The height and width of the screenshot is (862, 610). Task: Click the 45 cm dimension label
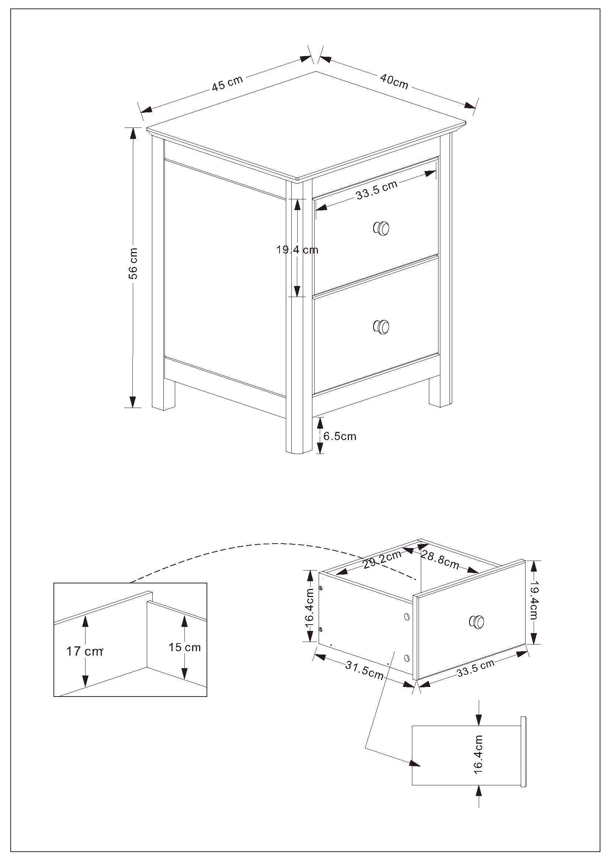[x=227, y=84]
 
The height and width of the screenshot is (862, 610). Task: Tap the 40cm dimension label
[x=394, y=81]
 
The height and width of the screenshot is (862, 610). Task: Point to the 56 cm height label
[x=134, y=263]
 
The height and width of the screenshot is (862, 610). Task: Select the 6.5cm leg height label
[x=340, y=436]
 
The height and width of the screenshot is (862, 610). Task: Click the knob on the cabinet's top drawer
[x=382, y=228]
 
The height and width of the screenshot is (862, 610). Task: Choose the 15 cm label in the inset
[x=184, y=647]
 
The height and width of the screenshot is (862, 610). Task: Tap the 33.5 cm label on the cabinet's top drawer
[x=377, y=189]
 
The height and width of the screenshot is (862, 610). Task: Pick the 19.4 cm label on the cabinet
[x=297, y=249]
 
